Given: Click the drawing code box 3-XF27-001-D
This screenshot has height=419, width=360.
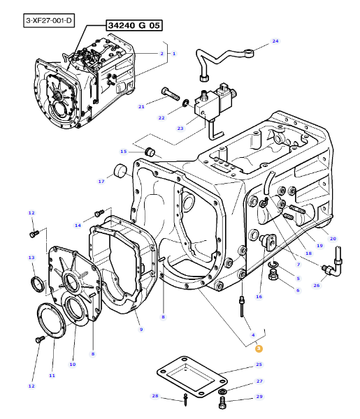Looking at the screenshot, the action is point(49,20).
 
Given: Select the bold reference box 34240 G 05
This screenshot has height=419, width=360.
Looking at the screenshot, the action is point(134,25).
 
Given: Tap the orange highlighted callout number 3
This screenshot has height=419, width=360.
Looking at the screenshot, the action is point(259,348).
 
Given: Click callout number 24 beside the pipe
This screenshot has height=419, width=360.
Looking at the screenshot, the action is point(275,41).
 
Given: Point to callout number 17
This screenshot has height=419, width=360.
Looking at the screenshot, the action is point(101,182).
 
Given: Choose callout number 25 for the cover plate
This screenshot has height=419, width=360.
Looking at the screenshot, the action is point(259,365).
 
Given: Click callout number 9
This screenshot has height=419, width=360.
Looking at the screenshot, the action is point(141,329).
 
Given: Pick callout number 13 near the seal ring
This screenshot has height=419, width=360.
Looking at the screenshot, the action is point(31,257).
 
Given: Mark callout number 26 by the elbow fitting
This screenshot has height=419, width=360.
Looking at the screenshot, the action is point(317,286).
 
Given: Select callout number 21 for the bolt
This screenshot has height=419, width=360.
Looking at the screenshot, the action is point(141,107).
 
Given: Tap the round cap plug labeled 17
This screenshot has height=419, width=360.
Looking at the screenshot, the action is point(120,171).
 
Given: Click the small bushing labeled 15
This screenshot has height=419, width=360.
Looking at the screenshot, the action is point(150,152).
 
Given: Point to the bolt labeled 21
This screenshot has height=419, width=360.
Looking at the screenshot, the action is point(171,94).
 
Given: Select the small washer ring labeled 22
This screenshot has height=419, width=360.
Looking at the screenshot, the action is point(185,103).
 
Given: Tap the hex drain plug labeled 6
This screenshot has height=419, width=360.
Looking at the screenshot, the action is point(273,275).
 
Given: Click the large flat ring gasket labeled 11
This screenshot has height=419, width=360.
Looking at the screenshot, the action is point(51,321).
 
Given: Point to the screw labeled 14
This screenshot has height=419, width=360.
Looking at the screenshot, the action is point(99,214).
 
